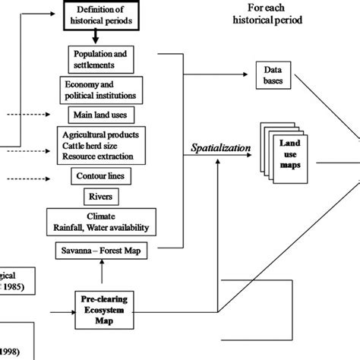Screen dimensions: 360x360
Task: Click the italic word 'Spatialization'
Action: (x=219, y=150)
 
